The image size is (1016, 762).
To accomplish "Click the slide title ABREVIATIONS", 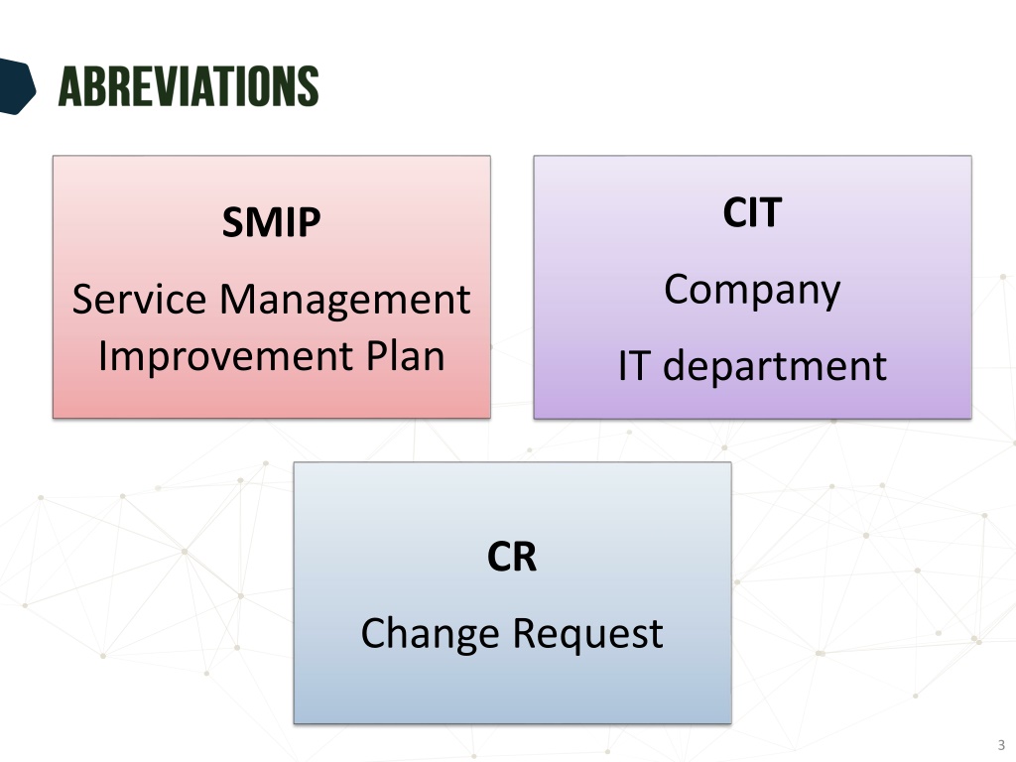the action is coord(189,85).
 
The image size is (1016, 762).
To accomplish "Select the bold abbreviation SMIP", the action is coord(271,222).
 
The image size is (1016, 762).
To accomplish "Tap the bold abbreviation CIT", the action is coord(752,212).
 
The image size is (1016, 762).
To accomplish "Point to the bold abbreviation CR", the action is coord(512,557).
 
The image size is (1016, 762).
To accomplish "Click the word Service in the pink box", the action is coord(139,299).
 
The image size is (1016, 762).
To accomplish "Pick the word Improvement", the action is coord(225,357).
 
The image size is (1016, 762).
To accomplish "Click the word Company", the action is coord(752,291).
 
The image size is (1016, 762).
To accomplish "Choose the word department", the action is coord(774,367).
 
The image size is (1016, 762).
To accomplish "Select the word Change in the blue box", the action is coord(430,634).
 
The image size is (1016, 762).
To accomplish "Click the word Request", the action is coord(588,634).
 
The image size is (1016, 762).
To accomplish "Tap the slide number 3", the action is coord(1001,745).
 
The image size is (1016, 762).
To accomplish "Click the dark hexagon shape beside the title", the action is coord(16,86).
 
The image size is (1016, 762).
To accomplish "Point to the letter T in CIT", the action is coord(770,212).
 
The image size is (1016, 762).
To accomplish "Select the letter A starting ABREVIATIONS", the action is coord(68,86).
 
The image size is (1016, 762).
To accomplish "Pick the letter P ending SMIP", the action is coord(310,222).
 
